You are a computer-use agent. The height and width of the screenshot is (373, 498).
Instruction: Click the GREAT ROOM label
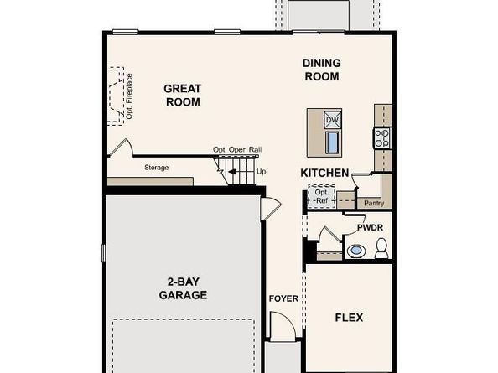click(183, 96)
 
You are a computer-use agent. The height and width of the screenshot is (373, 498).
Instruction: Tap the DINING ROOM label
click(321, 70)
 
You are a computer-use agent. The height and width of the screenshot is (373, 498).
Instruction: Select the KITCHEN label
click(324, 173)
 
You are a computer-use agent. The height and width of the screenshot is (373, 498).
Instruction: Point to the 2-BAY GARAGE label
click(183, 288)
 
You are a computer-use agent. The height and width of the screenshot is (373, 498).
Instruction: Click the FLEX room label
click(349, 318)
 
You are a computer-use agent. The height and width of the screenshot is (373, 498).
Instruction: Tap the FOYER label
click(283, 298)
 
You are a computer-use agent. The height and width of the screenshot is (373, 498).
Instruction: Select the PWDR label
click(370, 228)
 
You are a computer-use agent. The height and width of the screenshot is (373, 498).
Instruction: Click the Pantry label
click(374, 203)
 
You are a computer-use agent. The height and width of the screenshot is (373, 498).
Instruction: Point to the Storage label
click(156, 168)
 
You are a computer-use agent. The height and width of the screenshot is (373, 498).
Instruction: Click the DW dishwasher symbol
click(333, 120)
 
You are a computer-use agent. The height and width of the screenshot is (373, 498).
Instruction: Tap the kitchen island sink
click(333, 142)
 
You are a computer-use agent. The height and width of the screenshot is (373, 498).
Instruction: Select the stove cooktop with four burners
click(382, 138)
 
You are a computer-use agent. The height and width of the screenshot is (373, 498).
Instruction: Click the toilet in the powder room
click(381, 248)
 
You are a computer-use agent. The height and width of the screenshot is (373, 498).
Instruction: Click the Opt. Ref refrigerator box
click(321, 196)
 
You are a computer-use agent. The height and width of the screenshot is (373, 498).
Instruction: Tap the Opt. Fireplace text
click(129, 96)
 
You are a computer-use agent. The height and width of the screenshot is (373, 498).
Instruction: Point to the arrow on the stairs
click(232, 172)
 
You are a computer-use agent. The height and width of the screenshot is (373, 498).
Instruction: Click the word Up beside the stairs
click(261, 172)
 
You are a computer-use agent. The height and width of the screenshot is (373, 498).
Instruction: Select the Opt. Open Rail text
click(237, 150)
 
